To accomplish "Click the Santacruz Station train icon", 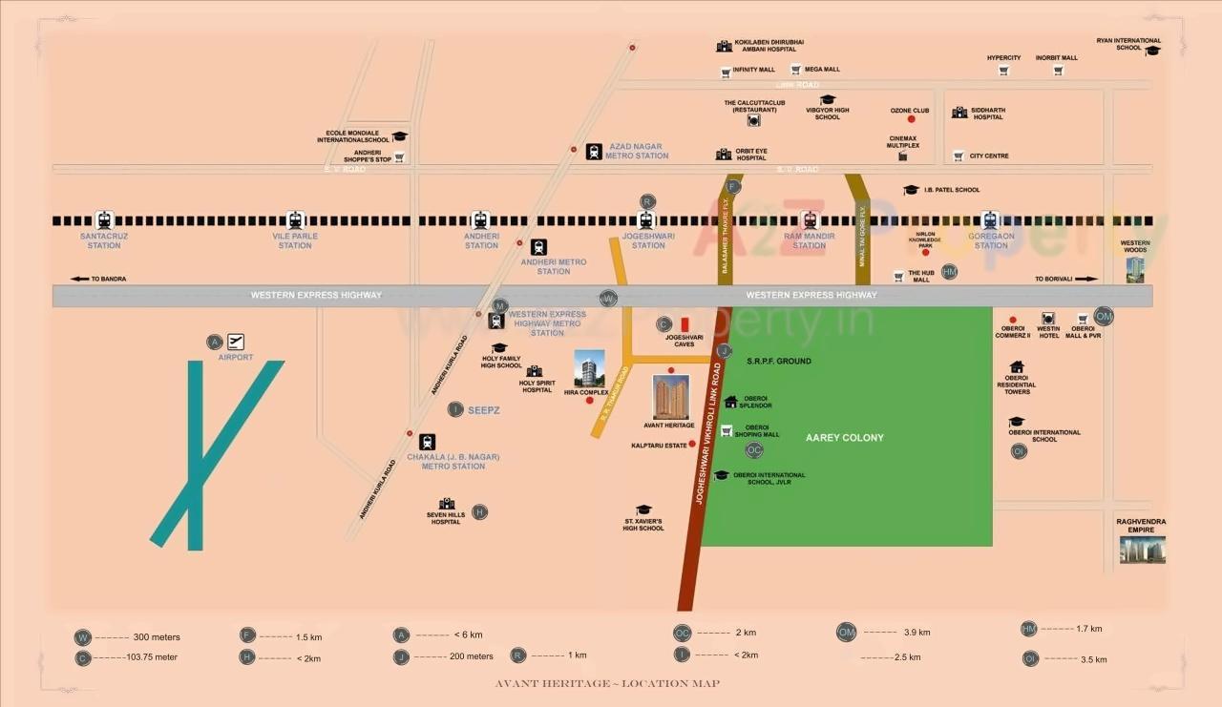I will click(x=104, y=220).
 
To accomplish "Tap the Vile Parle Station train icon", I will click(x=295, y=220).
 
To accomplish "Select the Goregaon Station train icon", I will click(x=990, y=220).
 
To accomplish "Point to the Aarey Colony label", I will click(x=844, y=438).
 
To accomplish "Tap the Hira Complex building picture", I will click(x=589, y=369).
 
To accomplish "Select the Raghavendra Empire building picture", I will click(x=1142, y=549).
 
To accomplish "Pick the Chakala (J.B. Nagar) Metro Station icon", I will click(x=427, y=442).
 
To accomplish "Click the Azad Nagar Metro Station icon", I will click(x=594, y=151).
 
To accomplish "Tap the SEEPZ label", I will click(x=484, y=409).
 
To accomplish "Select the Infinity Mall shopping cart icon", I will click(x=726, y=71).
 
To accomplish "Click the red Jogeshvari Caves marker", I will click(x=684, y=324).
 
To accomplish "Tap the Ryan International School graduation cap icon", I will click(x=1152, y=51).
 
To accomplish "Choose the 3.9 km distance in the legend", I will click(x=916, y=632).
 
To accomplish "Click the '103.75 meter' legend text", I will click(x=152, y=657).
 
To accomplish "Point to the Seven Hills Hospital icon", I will click(x=446, y=504).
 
